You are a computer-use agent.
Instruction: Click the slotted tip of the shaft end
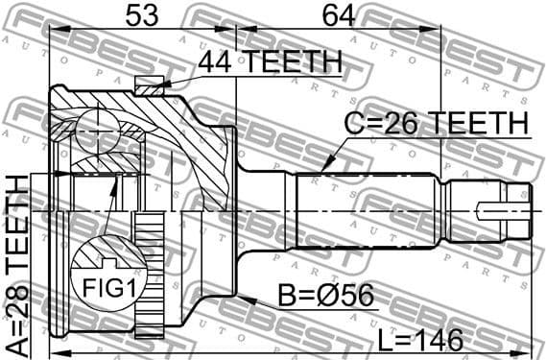coord(509,206)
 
